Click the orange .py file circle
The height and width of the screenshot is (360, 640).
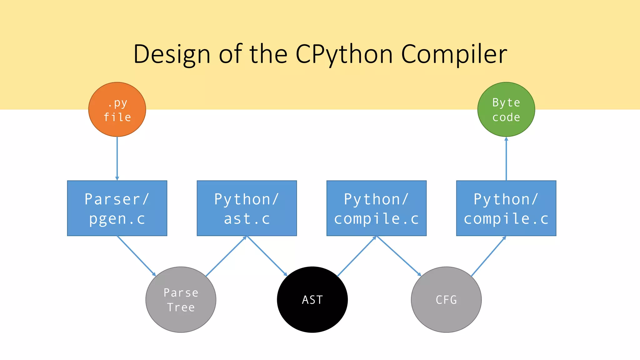tap(117, 109)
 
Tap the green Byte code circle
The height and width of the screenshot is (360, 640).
tap(506, 109)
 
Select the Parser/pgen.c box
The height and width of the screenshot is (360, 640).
tap(117, 208)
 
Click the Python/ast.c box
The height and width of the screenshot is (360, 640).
tap(247, 208)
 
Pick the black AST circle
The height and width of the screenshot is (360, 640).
tap(312, 299)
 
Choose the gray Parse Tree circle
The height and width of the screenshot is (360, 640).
tap(181, 299)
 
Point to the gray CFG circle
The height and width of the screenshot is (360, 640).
tap(446, 299)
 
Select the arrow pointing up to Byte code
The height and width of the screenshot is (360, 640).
tap(506, 158)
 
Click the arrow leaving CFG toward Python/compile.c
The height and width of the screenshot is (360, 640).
tap(488, 256)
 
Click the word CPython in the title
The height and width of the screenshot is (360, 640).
tap(344, 54)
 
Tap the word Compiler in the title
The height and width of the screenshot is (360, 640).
tap(454, 54)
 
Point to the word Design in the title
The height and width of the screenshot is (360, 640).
tap(172, 54)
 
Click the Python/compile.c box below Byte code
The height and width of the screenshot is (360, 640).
tap(506, 208)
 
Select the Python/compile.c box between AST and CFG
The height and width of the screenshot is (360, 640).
tap(377, 208)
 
